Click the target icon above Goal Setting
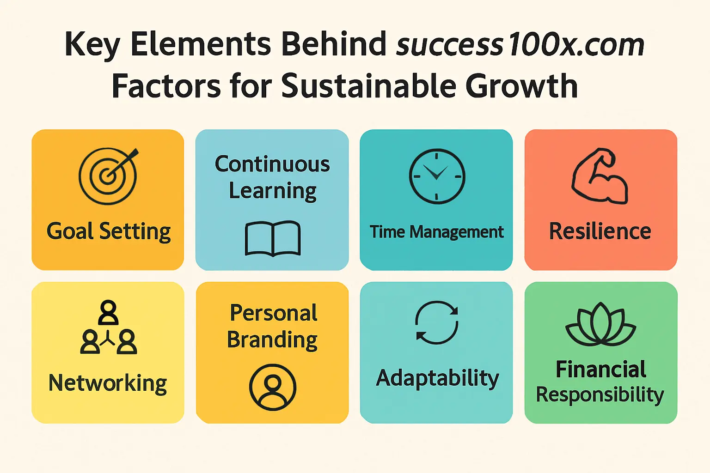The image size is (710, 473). click(108, 176)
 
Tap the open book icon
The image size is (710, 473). click(273, 238)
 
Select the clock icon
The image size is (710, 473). click(437, 176)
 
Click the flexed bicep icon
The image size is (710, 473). click(600, 176)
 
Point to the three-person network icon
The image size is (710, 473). click(109, 327)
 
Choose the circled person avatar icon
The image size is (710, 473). click(273, 387)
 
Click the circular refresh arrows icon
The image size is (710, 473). click(437, 322)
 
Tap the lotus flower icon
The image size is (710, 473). click(600, 324)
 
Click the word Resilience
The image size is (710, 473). click(600, 231)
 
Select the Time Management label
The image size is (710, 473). click(436, 232)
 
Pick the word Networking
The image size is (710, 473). click(108, 383)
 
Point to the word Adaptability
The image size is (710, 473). click(437, 378)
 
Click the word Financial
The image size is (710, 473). click(601, 370)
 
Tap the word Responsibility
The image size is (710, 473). click(600, 395)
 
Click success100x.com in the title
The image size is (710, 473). click(520, 45)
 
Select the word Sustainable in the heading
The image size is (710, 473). click(368, 85)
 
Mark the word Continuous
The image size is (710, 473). click(272, 164)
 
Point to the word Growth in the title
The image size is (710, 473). click(521, 85)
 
